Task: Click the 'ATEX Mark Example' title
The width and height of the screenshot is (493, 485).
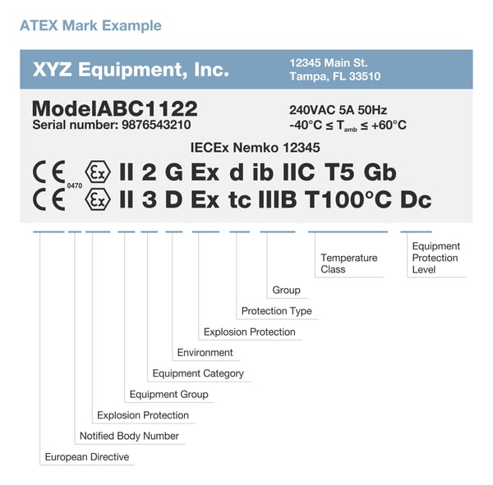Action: tap(90, 25)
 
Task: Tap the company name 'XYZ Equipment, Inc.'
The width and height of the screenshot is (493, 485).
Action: tap(130, 70)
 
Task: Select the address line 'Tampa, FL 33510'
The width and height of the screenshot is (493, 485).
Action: tap(339, 77)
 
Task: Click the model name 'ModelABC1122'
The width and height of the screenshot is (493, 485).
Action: tap(114, 109)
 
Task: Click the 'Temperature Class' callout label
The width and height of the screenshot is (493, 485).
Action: tap(348, 263)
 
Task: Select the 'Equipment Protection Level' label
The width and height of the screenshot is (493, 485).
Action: tap(435, 258)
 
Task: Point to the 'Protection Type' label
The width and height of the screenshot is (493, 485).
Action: tap(276, 311)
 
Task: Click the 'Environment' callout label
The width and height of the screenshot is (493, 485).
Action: tap(205, 353)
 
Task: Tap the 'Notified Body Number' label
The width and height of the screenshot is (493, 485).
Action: tap(128, 436)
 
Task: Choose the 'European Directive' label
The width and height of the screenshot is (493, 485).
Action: tap(86, 457)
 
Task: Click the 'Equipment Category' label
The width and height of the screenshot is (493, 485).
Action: tap(198, 373)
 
